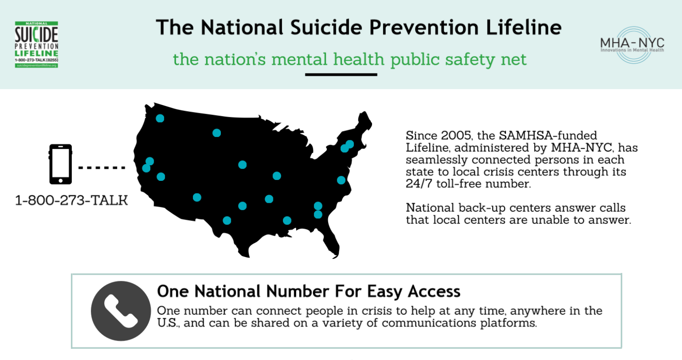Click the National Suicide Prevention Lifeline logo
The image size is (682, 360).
37,44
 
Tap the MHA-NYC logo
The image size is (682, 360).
632,45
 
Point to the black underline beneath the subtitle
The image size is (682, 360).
341,74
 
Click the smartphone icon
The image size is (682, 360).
61,164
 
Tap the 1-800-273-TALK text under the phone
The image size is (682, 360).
71,200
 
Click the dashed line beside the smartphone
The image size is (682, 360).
102,168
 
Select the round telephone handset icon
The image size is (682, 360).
121,311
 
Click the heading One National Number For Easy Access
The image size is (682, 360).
309,291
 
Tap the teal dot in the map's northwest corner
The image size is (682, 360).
160,118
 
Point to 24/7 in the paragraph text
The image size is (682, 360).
419,184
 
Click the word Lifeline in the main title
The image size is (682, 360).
524,28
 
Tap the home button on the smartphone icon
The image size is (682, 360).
61,180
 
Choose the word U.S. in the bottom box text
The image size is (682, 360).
168,323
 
